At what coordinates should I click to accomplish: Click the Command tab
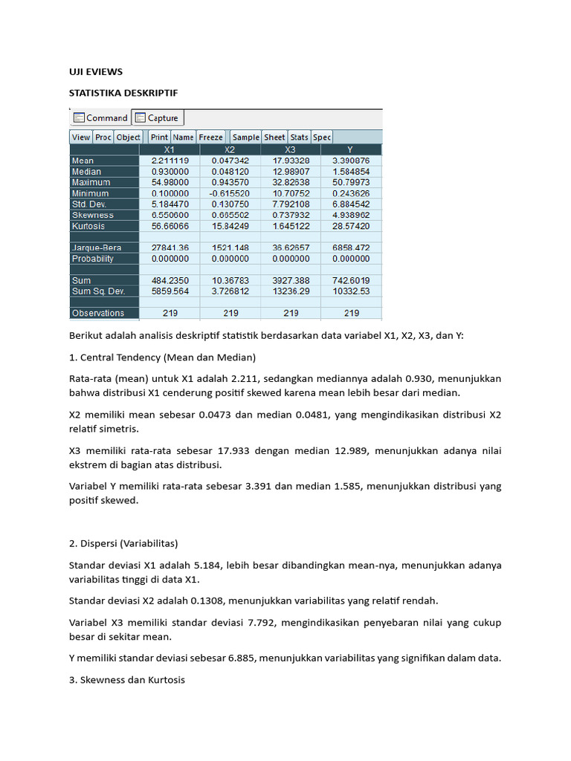100,117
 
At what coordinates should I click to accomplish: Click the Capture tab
157,117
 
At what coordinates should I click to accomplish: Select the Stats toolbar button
299,137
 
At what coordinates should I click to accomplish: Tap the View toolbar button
81,137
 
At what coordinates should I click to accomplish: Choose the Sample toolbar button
245,137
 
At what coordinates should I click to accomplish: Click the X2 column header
230,149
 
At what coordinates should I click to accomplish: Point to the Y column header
351,149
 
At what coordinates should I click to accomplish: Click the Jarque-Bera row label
97,247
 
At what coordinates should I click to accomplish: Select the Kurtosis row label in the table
88,226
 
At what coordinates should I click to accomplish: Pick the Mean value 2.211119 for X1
170,161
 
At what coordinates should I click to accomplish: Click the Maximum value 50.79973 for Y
351,182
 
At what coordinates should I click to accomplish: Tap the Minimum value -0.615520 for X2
230,193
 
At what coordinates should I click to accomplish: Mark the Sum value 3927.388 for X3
291,280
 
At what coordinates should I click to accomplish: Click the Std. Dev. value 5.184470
170,204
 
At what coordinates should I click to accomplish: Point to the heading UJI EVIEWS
96,72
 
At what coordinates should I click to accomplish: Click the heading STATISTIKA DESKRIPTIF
123,93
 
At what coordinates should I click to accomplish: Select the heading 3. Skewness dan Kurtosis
132,679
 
